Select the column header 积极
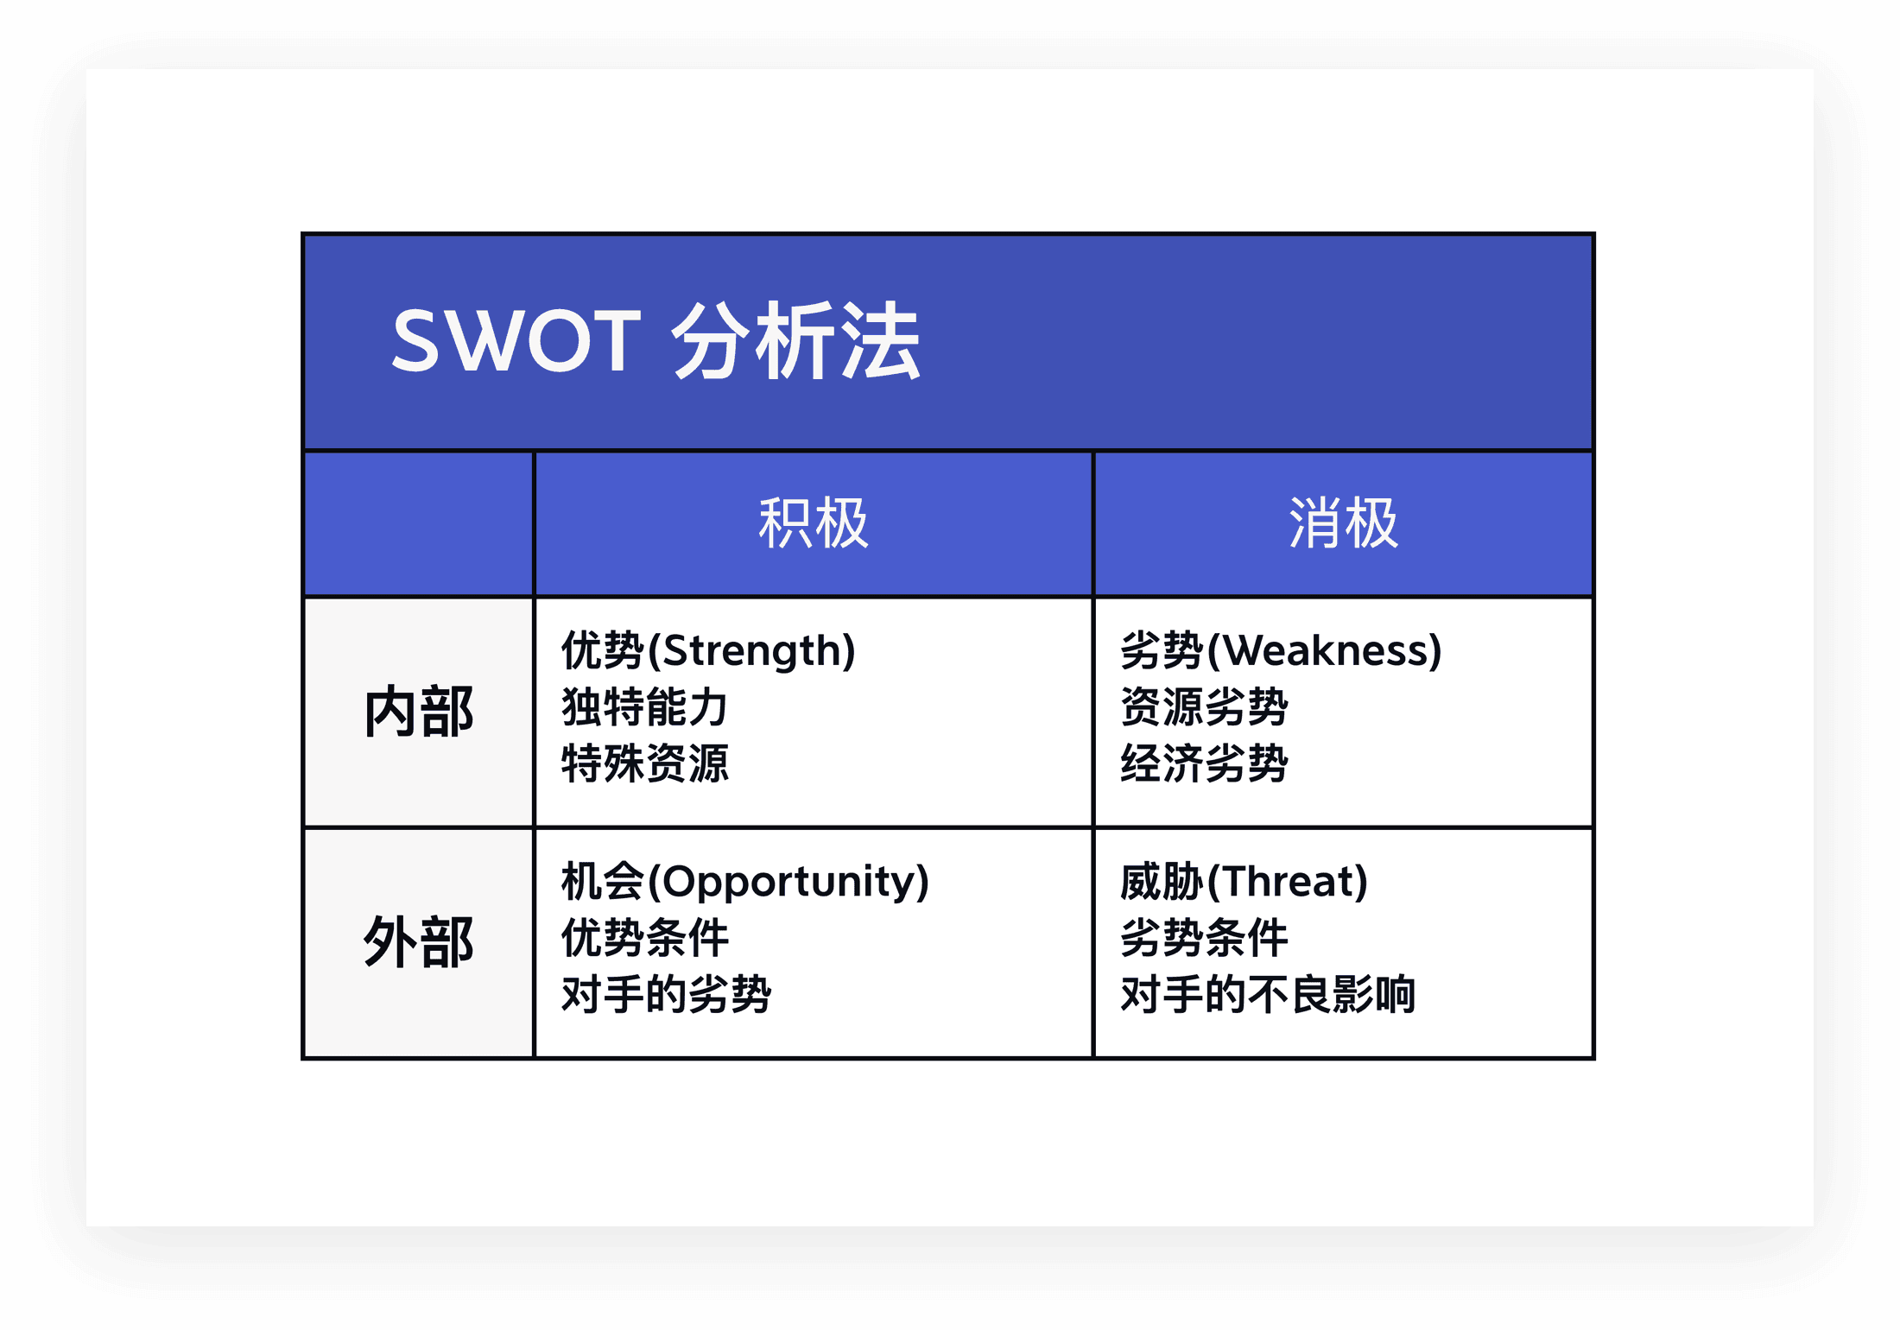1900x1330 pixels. (x=813, y=523)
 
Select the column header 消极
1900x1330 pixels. (x=1343, y=523)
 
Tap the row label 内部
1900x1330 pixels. (x=419, y=712)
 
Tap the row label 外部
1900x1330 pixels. (x=419, y=942)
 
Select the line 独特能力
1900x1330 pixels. (x=644, y=707)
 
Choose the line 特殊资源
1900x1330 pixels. (x=644, y=763)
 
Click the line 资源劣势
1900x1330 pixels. (x=1204, y=707)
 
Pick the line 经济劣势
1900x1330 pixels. (x=1204, y=763)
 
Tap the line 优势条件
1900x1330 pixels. (x=644, y=938)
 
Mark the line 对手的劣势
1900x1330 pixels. (x=666, y=994)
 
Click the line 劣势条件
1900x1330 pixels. (x=1204, y=938)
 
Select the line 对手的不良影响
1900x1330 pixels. (x=1267, y=994)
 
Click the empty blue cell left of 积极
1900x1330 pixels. (x=419, y=523)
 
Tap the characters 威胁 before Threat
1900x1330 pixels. (x=1161, y=882)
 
